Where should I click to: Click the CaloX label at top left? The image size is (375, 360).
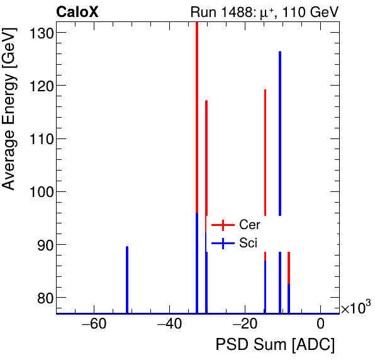click(x=77, y=12)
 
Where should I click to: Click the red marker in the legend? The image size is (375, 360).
click(x=223, y=225)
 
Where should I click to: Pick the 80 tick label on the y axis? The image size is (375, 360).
click(x=44, y=298)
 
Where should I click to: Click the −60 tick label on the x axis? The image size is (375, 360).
click(x=94, y=325)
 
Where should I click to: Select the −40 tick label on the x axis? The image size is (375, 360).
click(x=169, y=325)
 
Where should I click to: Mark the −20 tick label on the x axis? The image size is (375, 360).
click(x=245, y=325)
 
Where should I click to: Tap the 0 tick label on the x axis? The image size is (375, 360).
click(x=320, y=325)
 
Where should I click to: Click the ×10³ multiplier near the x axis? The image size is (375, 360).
click(x=355, y=308)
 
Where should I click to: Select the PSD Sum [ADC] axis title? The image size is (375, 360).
click(x=275, y=345)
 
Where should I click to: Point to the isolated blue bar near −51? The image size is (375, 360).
click(x=127, y=279)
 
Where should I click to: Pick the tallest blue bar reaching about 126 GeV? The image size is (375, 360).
click(x=280, y=157)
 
